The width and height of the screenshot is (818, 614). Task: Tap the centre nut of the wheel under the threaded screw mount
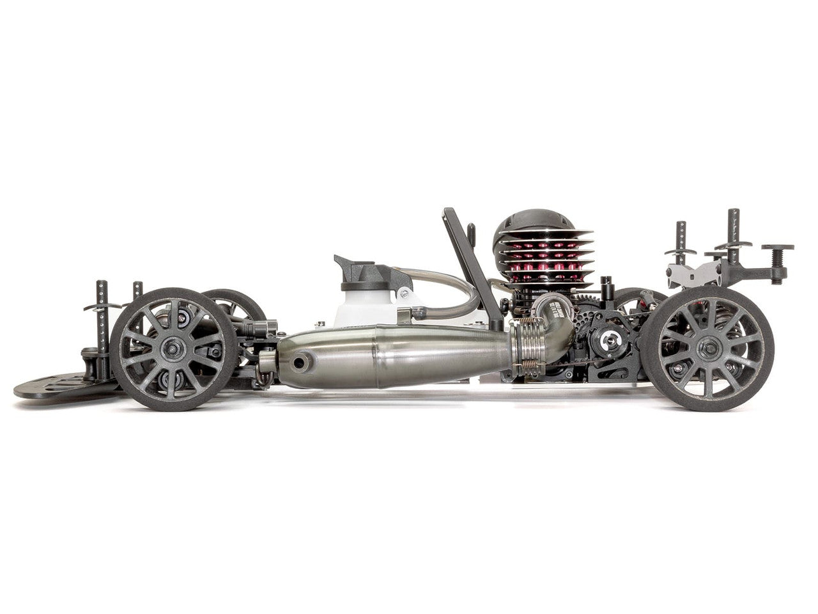coord(708,349)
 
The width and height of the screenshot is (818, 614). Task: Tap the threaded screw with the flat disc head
coord(778,256)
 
